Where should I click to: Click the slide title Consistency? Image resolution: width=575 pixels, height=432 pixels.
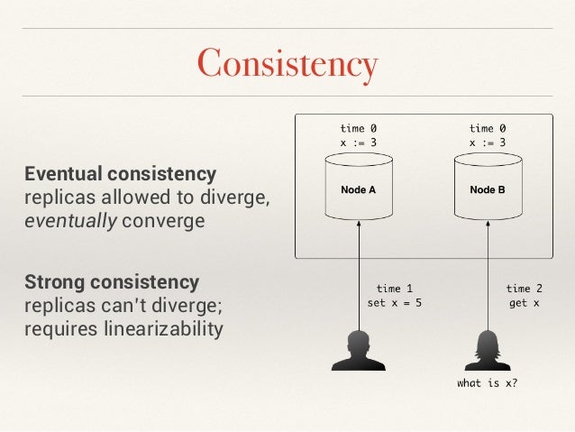click(287, 64)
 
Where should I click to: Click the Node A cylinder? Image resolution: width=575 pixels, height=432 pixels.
click(359, 190)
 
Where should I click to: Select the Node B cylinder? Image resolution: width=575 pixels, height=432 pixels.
click(488, 190)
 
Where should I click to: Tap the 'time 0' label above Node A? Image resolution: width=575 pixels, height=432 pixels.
click(359, 129)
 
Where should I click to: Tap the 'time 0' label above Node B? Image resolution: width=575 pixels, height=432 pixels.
click(488, 129)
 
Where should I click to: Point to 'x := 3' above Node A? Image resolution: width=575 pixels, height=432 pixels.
click(359, 142)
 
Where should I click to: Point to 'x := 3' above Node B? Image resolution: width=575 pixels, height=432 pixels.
click(488, 142)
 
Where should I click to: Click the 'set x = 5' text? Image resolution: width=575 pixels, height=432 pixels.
click(394, 303)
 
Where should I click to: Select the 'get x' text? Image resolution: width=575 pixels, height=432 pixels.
click(525, 303)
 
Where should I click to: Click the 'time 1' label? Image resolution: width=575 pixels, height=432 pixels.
click(395, 290)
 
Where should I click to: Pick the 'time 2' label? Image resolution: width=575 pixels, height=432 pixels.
click(525, 290)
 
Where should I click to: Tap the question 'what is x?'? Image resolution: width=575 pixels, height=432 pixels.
click(488, 383)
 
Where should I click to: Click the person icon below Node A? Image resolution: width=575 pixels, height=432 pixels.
click(359, 351)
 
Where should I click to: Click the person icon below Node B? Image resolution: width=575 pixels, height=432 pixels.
click(488, 351)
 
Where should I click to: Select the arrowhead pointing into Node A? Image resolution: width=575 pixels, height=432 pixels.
click(359, 225)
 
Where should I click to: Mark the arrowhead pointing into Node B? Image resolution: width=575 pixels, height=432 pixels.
click(488, 225)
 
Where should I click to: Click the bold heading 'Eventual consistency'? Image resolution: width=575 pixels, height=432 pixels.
click(120, 173)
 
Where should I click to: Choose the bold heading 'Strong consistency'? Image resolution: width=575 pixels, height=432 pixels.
click(112, 281)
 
